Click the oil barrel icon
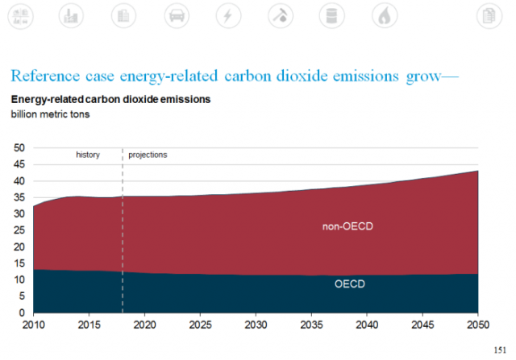[331, 14]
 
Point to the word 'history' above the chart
[88, 154]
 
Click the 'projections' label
[148, 154]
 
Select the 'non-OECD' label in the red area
[347, 226]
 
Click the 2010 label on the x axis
[34, 325]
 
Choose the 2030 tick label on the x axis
[255, 325]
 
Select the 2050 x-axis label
[477, 325]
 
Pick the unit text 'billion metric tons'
[50, 114]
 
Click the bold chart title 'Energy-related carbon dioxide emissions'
[110, 99]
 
